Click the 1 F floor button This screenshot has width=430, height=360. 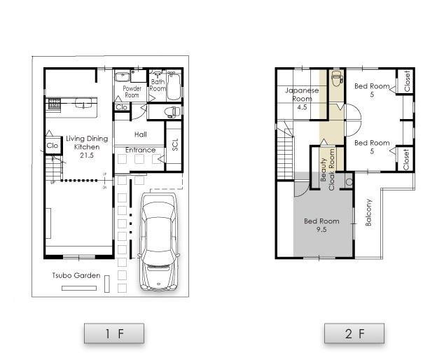[114, 333]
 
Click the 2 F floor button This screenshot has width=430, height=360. [354, 333]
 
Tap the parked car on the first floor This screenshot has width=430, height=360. [160, 242]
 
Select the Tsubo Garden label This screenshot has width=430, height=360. [76, 275]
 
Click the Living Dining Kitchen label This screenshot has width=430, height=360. [87, 146]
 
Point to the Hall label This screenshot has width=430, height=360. [140, 134]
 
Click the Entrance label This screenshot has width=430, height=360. [140, 150]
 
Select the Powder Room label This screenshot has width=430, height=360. [132, 92]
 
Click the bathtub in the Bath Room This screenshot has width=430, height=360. [174, 88]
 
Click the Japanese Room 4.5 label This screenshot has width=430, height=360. [302, 99]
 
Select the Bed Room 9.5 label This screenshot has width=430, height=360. [321, 224]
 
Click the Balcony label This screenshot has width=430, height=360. [369, 212]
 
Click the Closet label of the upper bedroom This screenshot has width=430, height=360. [405, 81]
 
